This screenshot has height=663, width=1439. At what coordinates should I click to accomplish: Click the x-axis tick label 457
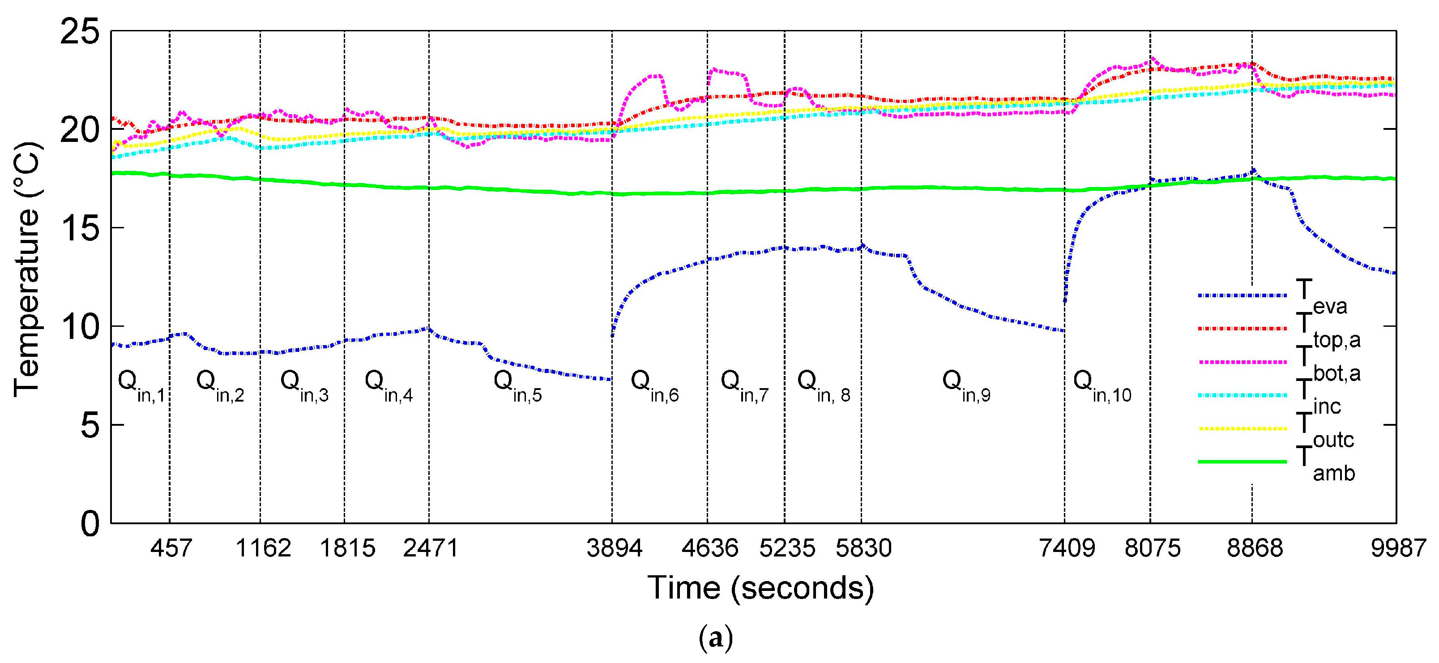171,548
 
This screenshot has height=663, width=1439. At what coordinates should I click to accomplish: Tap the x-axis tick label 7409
1067,548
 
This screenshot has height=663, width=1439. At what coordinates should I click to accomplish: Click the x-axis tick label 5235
786,548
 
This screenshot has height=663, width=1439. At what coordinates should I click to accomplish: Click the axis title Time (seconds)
760,588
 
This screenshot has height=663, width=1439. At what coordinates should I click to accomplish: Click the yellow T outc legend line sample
1241,429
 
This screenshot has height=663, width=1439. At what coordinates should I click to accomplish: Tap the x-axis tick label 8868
1255,548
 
